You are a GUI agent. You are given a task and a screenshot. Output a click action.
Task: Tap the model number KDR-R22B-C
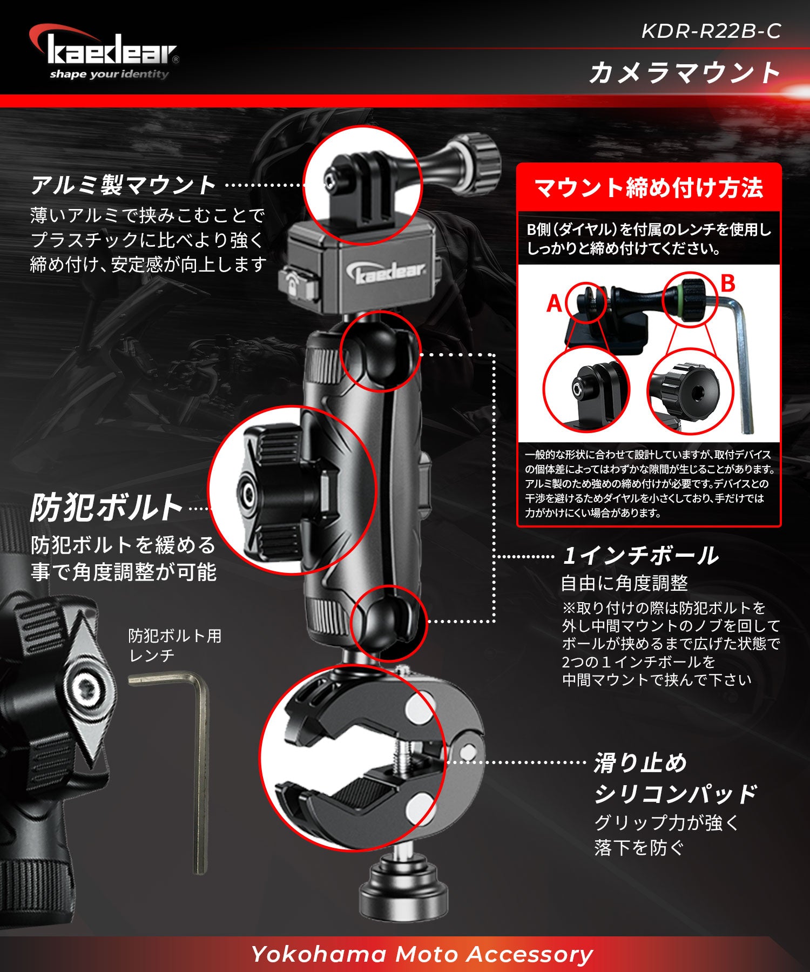tap(711, 31)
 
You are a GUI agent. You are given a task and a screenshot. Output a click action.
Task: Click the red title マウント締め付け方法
tap(649, 188)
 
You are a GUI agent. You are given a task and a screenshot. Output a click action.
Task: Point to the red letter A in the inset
tap(555, 303)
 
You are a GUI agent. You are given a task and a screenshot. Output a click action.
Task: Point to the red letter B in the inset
tap(728, 283)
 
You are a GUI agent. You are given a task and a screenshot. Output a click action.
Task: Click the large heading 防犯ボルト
tap(106, 508)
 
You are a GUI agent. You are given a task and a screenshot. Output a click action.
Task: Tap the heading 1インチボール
tap(640, 556)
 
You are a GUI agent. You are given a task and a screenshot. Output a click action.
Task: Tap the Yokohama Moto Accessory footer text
tap(422, 954)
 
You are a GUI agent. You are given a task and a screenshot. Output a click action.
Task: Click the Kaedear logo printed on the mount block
tap(390, 273)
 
